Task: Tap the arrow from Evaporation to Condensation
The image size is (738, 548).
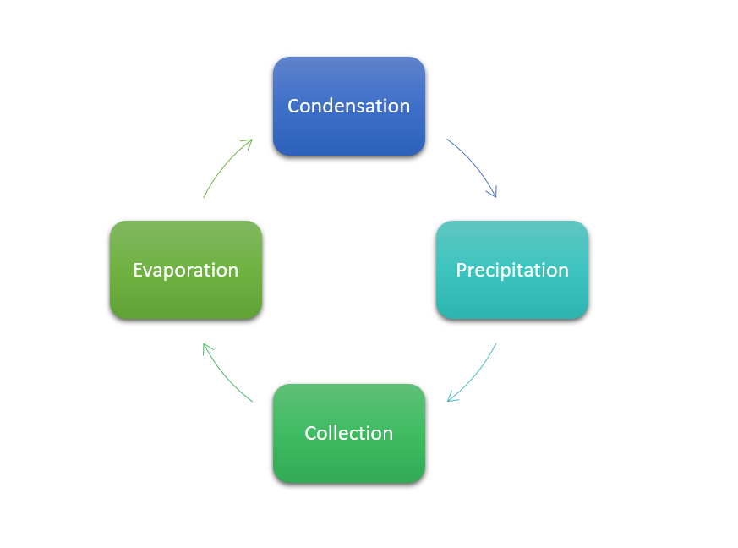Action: [221, 165]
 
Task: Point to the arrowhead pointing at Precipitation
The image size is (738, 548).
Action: [495, 194]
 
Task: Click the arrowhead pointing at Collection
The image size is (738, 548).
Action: [451, 398]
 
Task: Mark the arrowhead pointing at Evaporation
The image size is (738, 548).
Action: [205, 346]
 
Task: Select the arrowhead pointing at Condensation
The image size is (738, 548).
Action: [249, 142]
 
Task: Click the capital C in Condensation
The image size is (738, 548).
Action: [294, 106]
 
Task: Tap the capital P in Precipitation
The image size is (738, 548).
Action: [462, 270]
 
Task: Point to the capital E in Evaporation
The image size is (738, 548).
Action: [138, 270]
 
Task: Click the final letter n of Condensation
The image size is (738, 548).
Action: [405, 107]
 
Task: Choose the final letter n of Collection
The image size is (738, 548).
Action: [388, 434]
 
